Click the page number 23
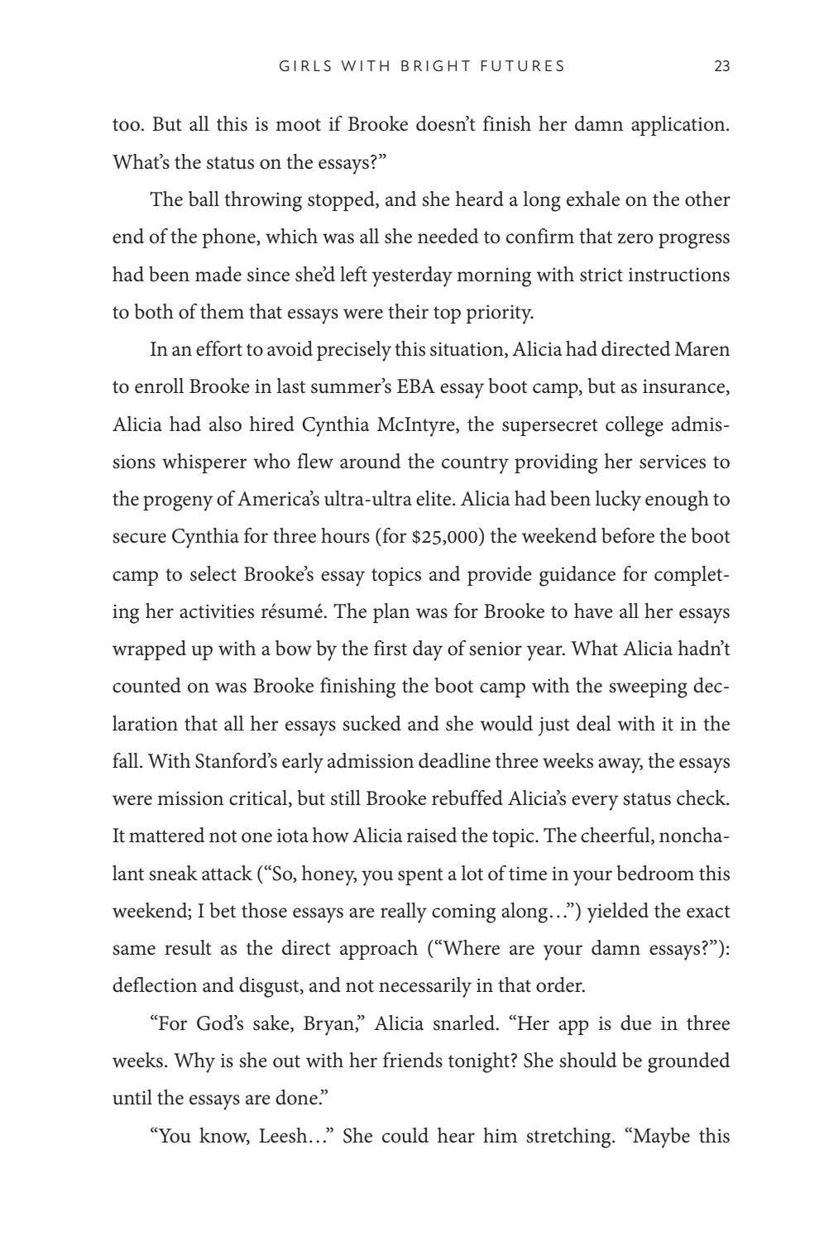coord(721,67)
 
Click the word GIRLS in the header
coord(301,67)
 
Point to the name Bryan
coord(333,1024)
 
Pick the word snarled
coord(465,1024)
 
